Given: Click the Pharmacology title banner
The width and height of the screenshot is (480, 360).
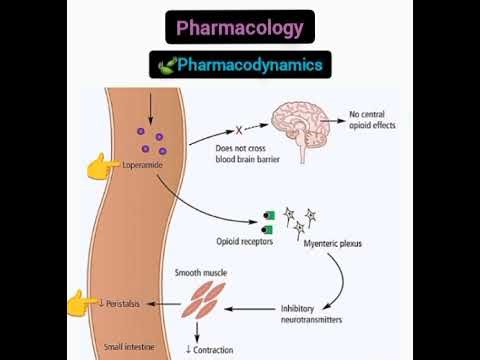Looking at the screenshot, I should click(x=239, y=27).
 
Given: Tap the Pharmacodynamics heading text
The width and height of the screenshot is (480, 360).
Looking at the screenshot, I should click(x=250, y=65).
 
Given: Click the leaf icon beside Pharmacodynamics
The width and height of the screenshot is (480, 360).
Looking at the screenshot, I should click(x=167, y=66).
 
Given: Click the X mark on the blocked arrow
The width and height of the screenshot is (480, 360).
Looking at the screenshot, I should click(x=239, y=129).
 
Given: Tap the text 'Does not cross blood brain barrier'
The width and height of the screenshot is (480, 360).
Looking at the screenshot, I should click(x=247, y=154).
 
